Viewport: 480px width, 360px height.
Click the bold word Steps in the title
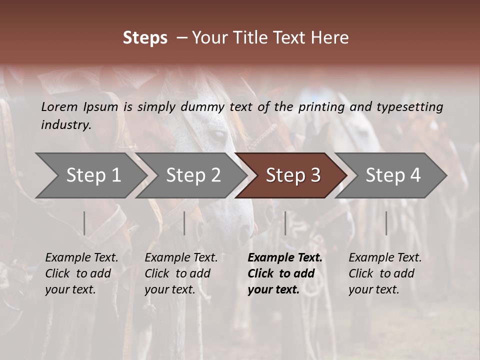coord(145,38)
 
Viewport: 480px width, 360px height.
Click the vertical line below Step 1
coord(84,223)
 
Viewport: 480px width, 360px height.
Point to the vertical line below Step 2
coord(184,223)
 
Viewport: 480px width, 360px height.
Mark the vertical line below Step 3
coord(285,223)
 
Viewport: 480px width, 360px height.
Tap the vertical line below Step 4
coord(386,223)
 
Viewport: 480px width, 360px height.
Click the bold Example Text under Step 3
coord(285,258)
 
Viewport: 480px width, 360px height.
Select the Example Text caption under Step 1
coord(81,258)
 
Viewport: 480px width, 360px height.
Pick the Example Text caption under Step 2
coord(181,258)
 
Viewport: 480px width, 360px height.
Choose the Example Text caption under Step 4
coord(385,258)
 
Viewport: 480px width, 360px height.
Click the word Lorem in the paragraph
coord(59,106)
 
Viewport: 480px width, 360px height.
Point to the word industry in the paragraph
coord(65,125)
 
